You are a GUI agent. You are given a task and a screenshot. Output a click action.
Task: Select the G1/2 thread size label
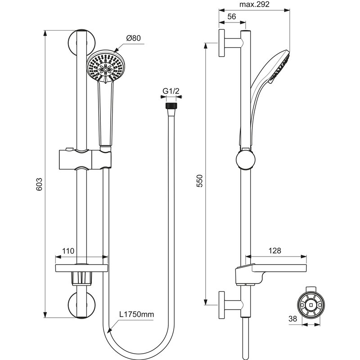coord(171,91)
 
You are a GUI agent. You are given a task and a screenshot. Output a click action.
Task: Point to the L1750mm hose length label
coord(137,315)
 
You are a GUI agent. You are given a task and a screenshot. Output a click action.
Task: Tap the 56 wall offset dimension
coord(232,16)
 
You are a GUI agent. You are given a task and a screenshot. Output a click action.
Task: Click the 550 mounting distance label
coord(200,180)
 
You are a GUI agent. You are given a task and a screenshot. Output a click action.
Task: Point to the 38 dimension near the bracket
coord(292,319)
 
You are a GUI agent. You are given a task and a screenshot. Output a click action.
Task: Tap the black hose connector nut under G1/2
coord(171,106)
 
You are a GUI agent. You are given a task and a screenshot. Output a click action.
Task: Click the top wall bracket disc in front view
coord(82,41)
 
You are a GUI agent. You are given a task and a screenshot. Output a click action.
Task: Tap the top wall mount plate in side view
coord(222,43)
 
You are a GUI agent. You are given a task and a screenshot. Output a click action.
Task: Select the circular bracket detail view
coord(310,306)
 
